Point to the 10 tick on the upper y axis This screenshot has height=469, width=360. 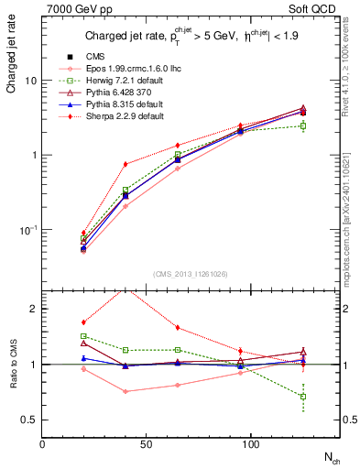click(x=31, y=81)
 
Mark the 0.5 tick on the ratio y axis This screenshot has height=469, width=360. click(x=29, y=420)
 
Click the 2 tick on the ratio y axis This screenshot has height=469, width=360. click(x=34, y=309)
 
